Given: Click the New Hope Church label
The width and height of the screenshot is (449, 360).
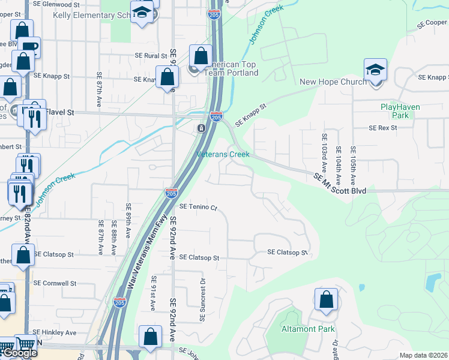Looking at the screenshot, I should (333, 82).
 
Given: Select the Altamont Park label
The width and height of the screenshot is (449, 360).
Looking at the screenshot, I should (309, 329).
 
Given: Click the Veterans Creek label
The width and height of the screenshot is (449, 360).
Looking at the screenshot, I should (223, 154).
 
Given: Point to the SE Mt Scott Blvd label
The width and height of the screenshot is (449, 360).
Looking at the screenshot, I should (340, 183).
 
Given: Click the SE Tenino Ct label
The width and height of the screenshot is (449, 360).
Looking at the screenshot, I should (197, 207).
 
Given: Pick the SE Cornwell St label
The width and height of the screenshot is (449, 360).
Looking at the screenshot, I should (55, 283).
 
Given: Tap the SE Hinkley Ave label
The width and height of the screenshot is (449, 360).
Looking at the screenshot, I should (55, 332).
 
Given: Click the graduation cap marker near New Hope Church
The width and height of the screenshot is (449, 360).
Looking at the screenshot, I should (375, 71).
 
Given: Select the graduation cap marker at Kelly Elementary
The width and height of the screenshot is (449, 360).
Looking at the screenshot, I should (142, 13).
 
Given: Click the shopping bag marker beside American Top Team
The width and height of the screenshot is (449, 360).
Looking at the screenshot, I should (200, 57).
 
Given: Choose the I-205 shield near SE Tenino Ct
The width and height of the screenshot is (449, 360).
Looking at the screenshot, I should (170, 193).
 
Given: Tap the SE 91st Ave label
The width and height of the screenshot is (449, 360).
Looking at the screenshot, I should (153, 293).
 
